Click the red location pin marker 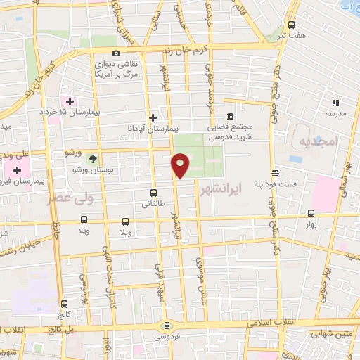pos(181,165)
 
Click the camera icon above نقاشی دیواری pos(116,53)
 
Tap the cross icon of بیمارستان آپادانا pos(153,117)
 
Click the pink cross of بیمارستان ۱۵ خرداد pos(70,101)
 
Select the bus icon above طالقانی pos(153,192)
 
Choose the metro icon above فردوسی pos(167,325)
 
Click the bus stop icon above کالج pos(65,304)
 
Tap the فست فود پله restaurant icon pos(275,173)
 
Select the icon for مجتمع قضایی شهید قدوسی pos(230,117)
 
